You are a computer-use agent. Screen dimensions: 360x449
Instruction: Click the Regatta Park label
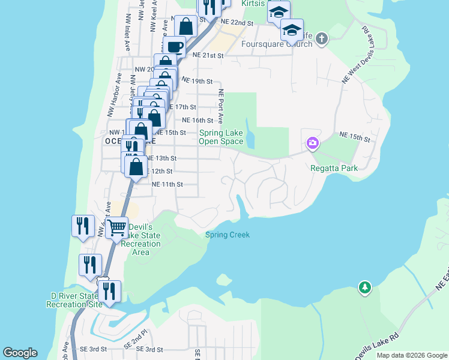click(334, 168)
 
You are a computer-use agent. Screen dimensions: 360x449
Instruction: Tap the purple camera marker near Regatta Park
click(312, 143)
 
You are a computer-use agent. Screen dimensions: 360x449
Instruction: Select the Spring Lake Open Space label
click(221, 137)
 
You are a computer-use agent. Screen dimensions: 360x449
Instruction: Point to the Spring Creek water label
click(228, 235)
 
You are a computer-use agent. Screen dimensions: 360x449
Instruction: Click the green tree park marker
click(364, 288)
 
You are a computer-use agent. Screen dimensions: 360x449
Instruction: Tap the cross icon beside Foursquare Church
click(322, 40)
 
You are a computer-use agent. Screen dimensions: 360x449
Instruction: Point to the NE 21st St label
click(208, 55)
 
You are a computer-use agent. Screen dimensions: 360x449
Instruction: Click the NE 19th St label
click(197, 80)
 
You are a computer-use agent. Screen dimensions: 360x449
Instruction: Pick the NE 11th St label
click(167, 184)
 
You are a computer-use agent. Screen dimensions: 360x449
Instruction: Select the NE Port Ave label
click(221, 107)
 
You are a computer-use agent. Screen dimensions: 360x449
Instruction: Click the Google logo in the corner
click(20, 353)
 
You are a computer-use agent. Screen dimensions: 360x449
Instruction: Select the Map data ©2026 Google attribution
click(412, 355)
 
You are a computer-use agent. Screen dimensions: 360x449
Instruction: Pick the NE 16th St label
click(197, 120)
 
